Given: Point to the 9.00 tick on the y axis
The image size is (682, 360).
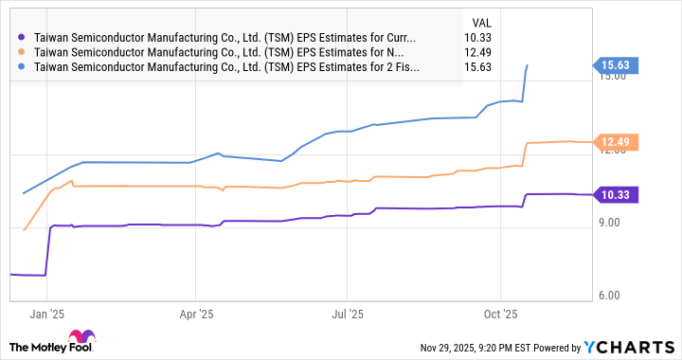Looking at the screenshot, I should (611, 224).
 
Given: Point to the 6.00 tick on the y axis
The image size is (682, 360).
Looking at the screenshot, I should (611, 296).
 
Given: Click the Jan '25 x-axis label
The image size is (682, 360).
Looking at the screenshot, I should (45, 312).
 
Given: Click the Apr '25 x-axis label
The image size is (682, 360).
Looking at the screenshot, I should (195, 312).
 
